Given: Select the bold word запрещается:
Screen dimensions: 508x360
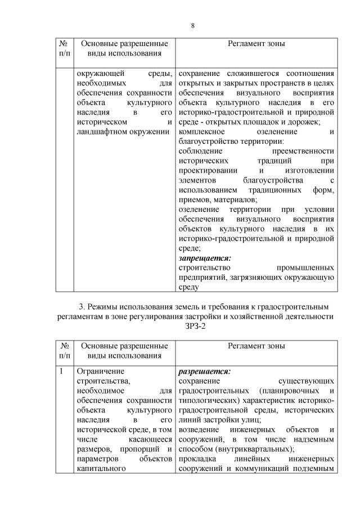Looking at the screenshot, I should (200, 258).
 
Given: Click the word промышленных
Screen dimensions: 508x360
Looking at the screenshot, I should (306, 267).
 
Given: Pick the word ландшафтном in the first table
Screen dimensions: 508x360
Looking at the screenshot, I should (98, 131).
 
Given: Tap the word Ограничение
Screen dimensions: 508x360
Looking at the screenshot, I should (100, 371).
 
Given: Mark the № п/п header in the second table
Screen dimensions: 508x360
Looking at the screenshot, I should (65, 351).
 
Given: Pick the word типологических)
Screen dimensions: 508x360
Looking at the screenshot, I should (207, 400).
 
